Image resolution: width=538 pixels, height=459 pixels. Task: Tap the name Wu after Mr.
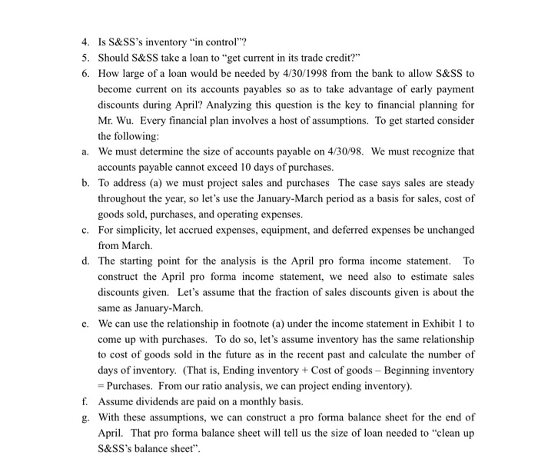[x=126, y=121]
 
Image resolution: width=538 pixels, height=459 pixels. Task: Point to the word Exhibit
[x=428, y=324]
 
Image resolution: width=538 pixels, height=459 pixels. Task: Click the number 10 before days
[x=231, y=168]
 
